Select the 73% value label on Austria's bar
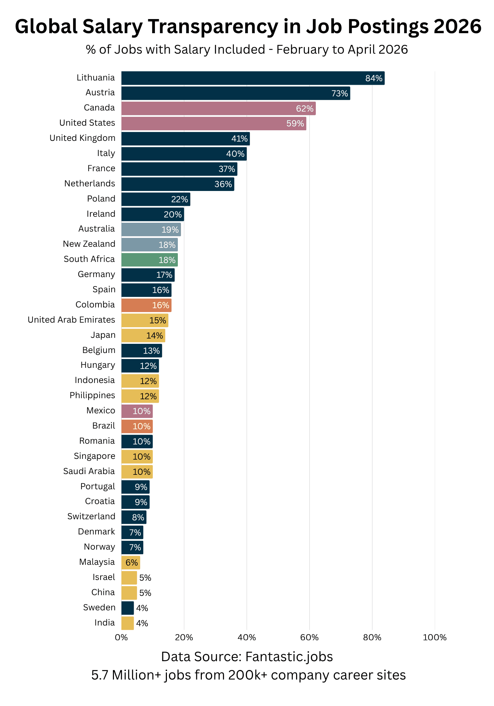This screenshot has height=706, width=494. [339, 94]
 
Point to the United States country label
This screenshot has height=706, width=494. [87, 123]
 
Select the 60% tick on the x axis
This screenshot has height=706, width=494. [309, 638]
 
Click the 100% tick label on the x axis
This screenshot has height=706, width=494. [435, 638]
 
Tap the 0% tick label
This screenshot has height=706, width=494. [121, 638]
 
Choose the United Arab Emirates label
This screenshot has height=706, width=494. [71, 320]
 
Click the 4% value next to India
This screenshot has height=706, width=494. [142, 623]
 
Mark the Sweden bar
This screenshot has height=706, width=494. [127, 608]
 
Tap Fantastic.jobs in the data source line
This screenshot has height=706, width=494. [289, 657]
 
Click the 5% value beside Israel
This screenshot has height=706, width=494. [145, 578]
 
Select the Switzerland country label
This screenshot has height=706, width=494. [91, 516]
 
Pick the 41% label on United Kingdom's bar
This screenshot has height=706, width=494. [239, 139]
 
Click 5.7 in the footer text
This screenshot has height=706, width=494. [100, 675]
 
